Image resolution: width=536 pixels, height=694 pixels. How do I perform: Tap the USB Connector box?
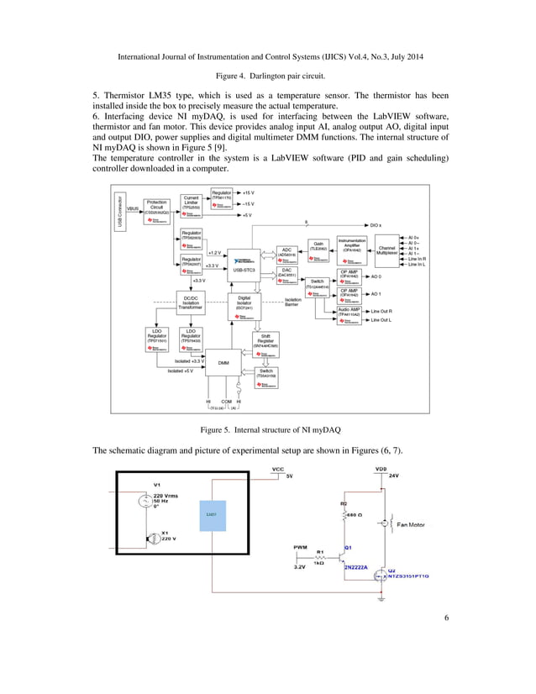[x=120, y=211]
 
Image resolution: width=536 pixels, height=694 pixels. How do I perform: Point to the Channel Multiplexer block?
[x=387, y=250]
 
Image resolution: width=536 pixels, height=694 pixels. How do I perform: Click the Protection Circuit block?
[x=156, y=208]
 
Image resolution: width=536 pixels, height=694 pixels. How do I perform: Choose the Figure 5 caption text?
[x=269, y=429]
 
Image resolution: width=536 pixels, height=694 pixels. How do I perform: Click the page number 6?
[x=446, y=643]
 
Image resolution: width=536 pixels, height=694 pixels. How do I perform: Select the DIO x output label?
[x=376, y=225]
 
